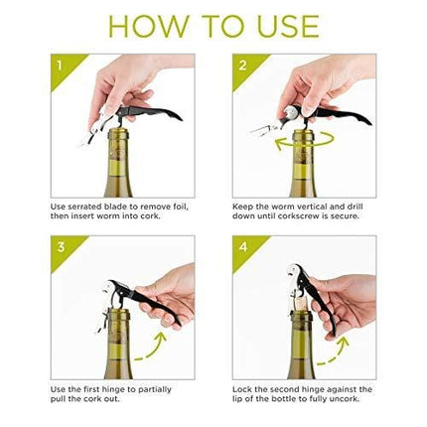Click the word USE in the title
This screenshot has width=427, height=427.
point(289,25)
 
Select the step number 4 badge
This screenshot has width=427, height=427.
point(243,246)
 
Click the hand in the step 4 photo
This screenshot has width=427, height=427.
point(343,293)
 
